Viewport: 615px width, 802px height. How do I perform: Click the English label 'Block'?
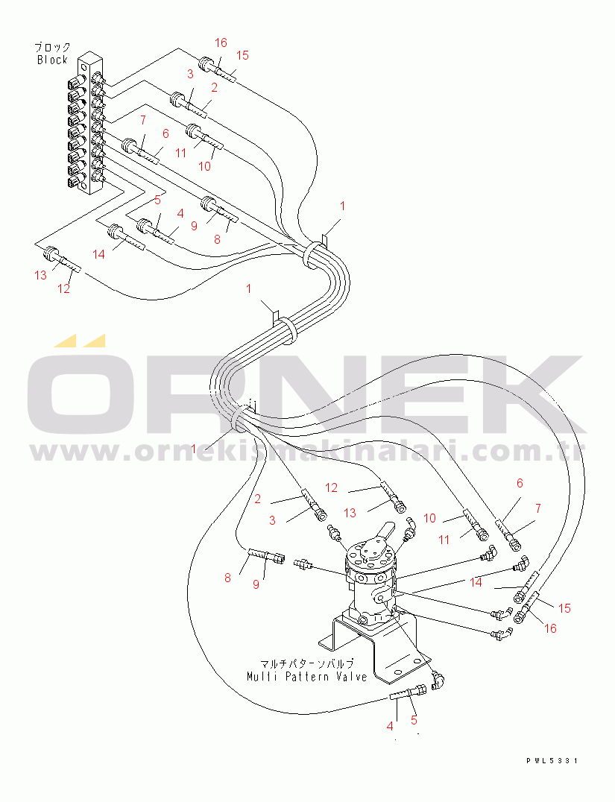coord(52,60)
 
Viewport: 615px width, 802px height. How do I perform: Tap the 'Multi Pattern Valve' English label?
coord(307,677)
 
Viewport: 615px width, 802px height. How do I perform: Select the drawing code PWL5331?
coord(552,760)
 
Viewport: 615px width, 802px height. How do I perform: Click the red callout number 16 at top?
coord(221,42)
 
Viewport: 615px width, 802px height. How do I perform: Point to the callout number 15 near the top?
coord(242,55)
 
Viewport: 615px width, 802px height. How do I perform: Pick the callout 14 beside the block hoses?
coord(98,254)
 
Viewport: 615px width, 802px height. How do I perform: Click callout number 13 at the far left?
coord(40,275)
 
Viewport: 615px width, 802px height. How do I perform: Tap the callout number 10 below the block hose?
coord(204,166)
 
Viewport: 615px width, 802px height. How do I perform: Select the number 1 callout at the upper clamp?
coord(342,206)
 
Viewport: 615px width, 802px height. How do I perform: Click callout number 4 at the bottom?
coord(390,726)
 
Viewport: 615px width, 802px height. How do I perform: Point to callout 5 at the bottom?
coord(414,720)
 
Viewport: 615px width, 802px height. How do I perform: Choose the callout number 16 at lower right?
coord(550,628)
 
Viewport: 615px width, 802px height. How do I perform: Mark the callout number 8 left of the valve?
coord(227,578)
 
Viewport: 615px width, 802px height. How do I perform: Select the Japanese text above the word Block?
coord(52,48)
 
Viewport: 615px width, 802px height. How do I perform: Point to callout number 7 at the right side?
coord(538,508)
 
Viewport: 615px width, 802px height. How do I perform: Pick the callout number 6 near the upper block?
coord(165,133)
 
